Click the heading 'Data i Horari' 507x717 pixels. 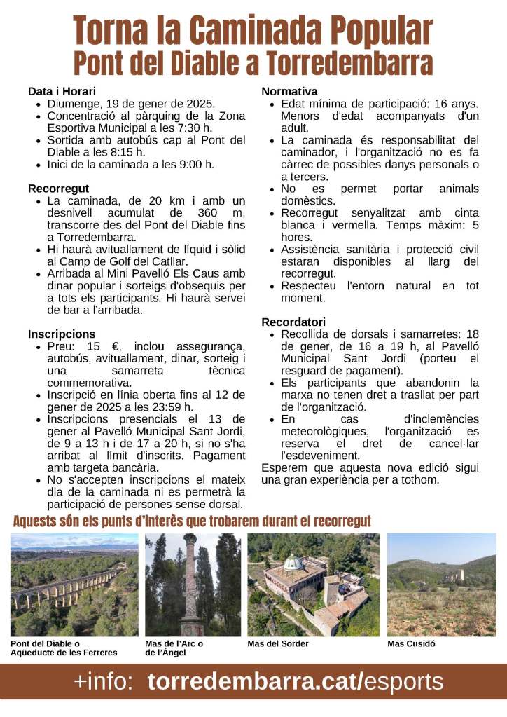62,92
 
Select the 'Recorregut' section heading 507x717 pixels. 58,189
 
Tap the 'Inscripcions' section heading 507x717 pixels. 62,334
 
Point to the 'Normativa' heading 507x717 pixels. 289,92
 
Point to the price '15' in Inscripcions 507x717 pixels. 94,347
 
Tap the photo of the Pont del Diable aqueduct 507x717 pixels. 74,585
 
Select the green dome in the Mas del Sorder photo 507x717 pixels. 293,562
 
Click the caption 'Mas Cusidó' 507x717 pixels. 412,643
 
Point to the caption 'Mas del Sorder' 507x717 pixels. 278,643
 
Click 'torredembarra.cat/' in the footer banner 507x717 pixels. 256,681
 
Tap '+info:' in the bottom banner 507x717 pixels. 104,681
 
